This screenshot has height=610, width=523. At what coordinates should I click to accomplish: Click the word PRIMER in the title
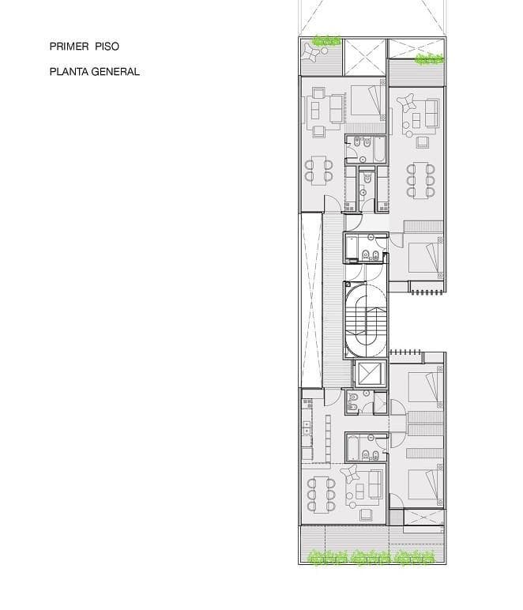tap(68, 47)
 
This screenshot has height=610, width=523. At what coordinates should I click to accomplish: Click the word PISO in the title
tap(106, 47)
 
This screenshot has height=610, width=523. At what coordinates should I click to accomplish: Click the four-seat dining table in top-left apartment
tap(319, 170)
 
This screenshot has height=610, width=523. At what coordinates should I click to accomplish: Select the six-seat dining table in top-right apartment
tap(421, 180)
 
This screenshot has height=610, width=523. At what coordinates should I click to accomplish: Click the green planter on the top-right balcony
tap(430, 58)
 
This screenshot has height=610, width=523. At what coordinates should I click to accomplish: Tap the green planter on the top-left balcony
tap(325, 40)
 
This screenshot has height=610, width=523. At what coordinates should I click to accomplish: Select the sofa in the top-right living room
tap(431, 113)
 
